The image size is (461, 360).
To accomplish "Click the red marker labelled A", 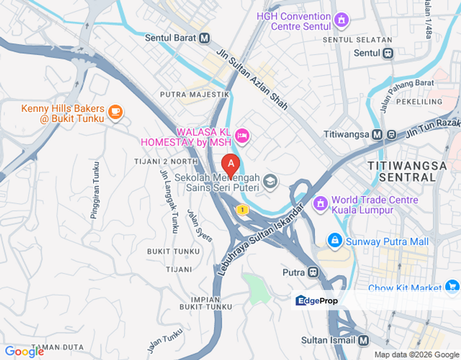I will coord(230,163).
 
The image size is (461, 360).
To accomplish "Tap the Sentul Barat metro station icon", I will coord(204,38).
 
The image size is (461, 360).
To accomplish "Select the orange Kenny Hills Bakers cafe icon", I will coord(115,112).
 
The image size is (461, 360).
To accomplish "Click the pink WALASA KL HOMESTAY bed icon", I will coord(242,135).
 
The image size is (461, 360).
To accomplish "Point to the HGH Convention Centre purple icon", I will coord(342,20).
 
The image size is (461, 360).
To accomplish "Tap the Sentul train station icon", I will coord(388,52).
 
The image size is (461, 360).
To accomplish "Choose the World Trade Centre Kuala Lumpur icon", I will coord(320,203).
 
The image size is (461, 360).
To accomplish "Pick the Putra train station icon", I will coord(313,272).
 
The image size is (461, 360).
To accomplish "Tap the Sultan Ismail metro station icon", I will coord(363,340).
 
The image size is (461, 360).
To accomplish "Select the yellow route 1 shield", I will coord(243,209).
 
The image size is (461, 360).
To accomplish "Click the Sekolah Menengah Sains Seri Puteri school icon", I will coord(270,182).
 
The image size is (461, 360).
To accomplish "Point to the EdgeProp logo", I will coord(317,300).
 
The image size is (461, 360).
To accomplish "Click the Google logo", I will coord(24,352).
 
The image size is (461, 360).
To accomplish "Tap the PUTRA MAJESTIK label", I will coord(194,94).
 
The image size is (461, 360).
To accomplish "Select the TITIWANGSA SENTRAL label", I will coord(407,171).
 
